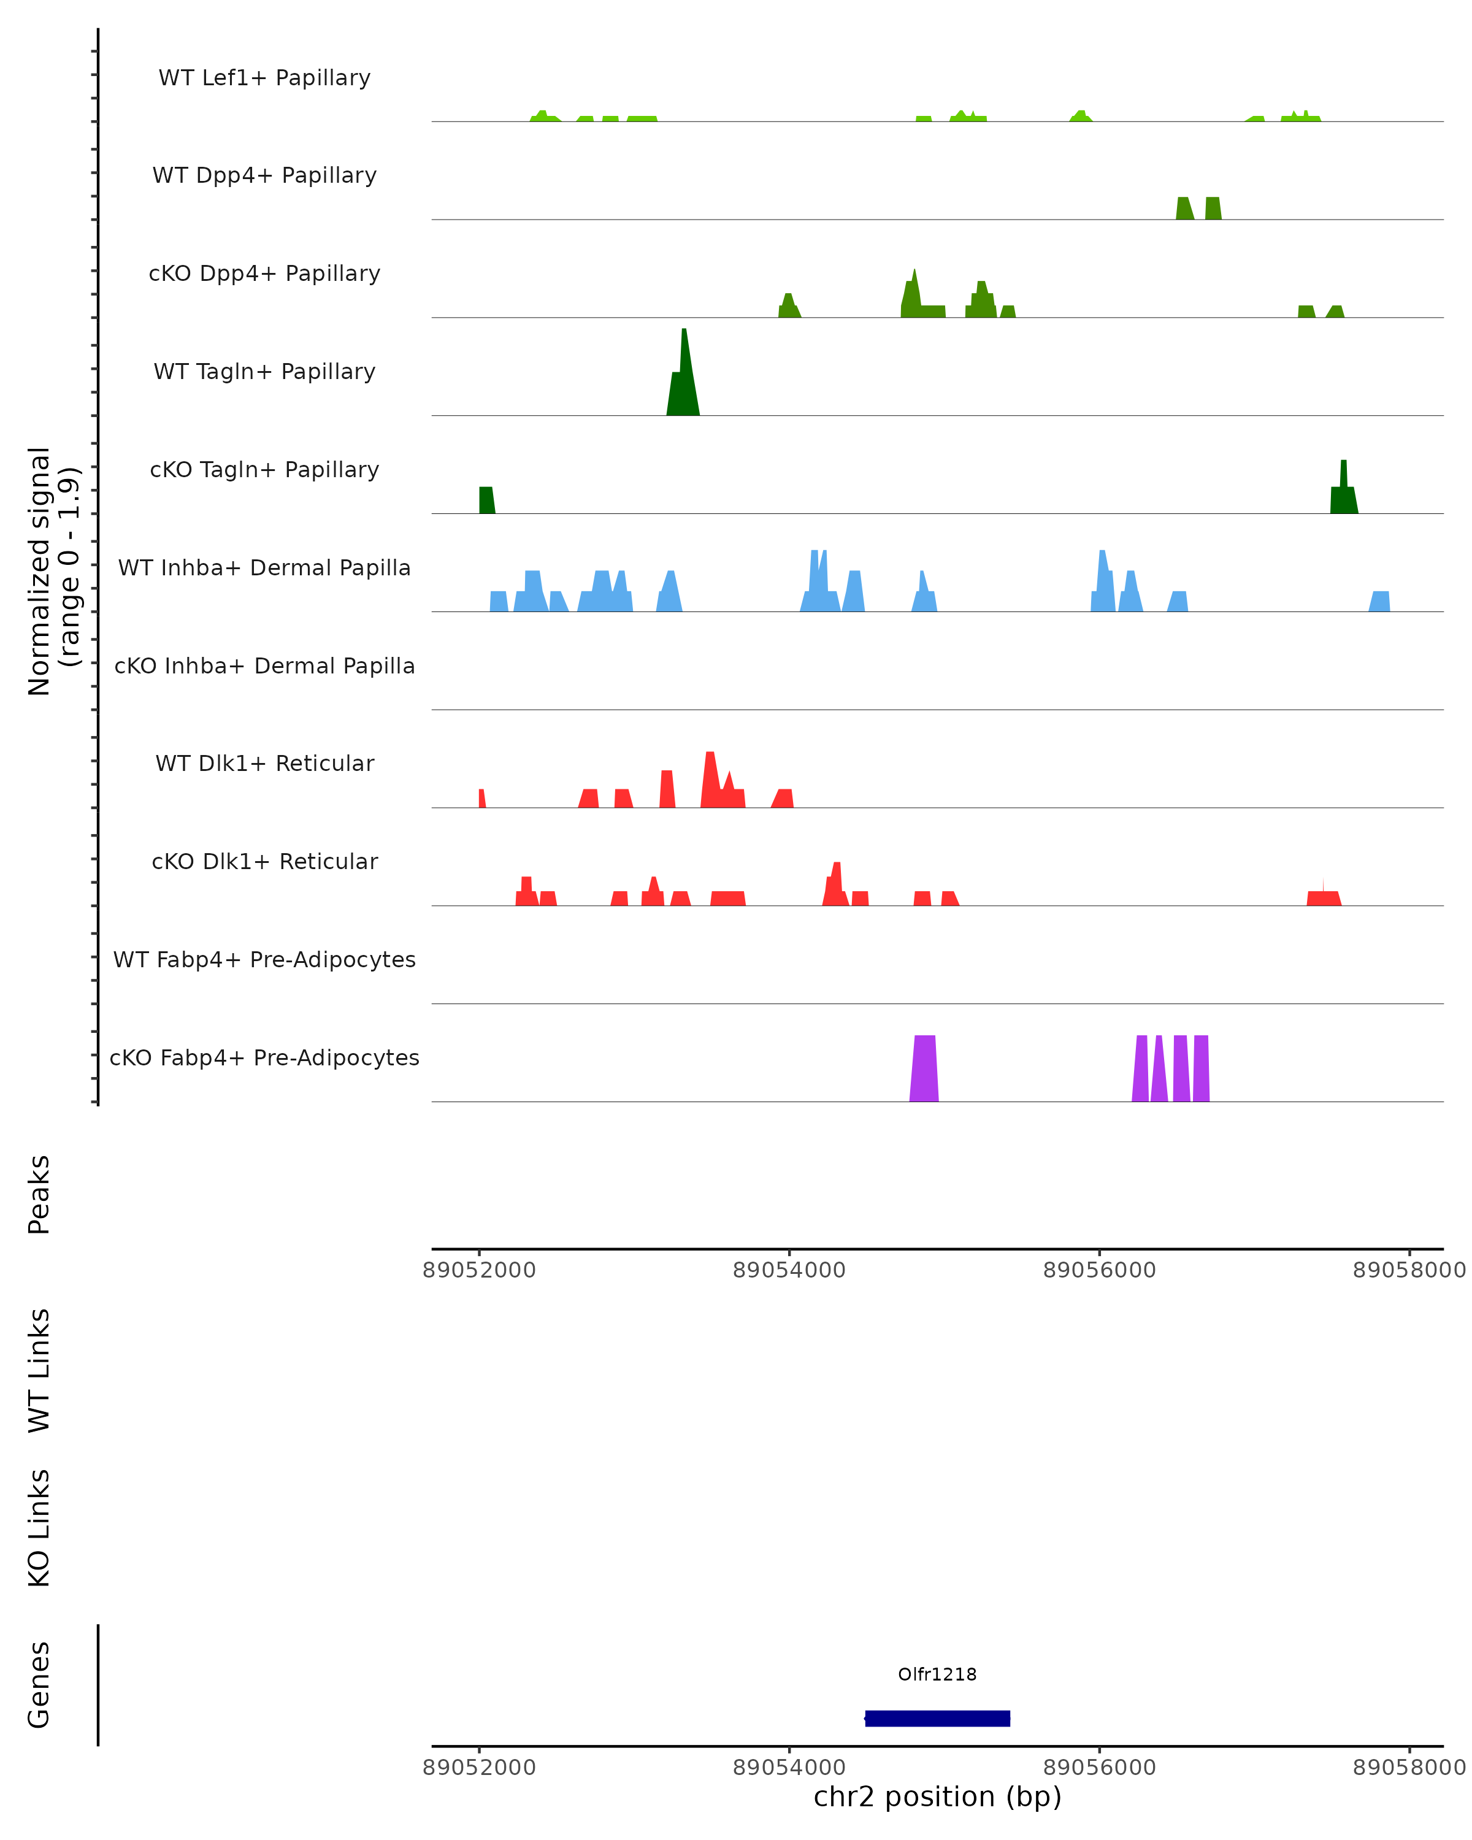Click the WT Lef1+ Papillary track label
pyautogui.click(x=264, y=78)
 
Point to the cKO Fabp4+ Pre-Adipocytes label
pyautogui.click(x=264, y=1057)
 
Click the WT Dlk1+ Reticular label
pyautogui.click(x=264, y=763)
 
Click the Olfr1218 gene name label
pyautogui.click(x=937, y=1674)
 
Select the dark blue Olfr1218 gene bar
pyautogui.click(x=937, y=1719)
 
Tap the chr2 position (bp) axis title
pyautogui.click(x=937, y=1797)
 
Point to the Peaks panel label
pyautogui.click(x=39, y=1194)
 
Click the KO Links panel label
pyautogui.click(x=39, y=1528)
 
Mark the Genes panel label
pyautogui.click(x=39, y=1685)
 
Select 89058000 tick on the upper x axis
pyautogui.click(x=1409, y=1270)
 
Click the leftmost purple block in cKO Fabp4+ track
pyautogui.click(x=924, y=1068)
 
